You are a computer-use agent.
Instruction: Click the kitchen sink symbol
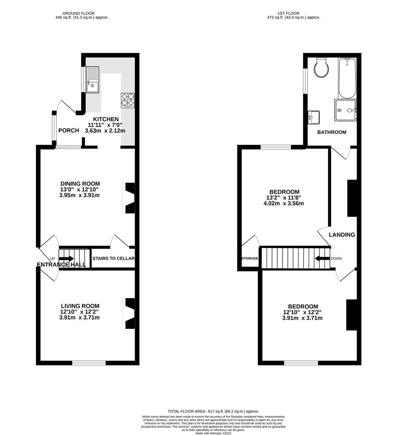(92, 80)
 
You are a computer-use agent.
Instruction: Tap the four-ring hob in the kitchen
(127, 101)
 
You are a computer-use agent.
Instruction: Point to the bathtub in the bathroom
(347, 78)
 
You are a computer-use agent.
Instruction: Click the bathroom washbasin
(313, 117)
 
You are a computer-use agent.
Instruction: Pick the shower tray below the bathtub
(346, 110)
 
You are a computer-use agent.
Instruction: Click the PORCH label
(69, 130)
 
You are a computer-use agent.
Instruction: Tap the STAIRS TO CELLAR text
(113, 259)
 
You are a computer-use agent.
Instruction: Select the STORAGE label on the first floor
(250, 258)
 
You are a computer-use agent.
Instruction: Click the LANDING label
(342, 235)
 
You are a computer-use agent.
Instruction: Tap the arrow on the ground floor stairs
(67, 258)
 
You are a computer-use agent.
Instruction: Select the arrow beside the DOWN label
(322, 258)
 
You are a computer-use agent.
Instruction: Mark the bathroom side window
(306, 79)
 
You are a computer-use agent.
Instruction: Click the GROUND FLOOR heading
(82, 13)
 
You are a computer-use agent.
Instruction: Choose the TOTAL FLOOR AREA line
(213, 411)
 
